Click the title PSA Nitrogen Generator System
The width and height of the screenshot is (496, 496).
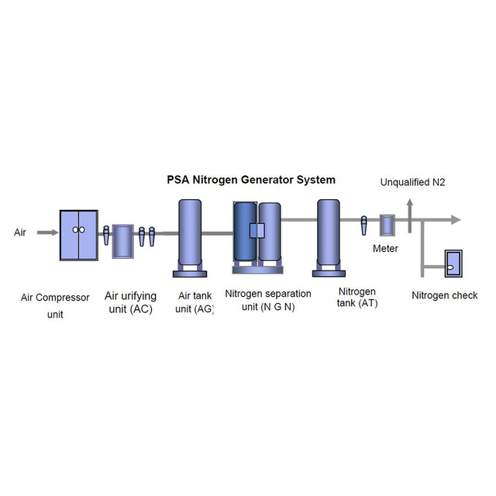(x=251, y=180)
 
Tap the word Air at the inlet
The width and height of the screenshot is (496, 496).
(x=20, y=232)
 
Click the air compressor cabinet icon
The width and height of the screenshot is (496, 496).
(x=78, y=235)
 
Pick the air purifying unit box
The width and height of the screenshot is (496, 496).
(x=122, y=242)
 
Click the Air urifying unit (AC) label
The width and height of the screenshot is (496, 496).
(x=130, y=302)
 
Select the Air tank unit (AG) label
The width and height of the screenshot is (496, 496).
(x=194, y=301)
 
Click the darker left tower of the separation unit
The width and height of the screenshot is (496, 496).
(x=244, y=231)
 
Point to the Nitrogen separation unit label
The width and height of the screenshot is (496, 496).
(x=268, y=300)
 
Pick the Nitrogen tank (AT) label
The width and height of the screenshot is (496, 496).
(x=357, y=298)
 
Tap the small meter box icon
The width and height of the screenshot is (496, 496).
(x=386, y=226)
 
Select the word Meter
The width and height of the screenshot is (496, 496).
(x=385, y=249)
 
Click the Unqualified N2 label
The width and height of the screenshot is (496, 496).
(x=412, y=183)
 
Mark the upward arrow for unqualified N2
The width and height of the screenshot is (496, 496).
(x=411, y=206)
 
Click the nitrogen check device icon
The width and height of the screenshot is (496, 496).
(x=452, y=264)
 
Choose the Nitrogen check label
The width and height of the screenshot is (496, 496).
(x=444, y=295)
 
